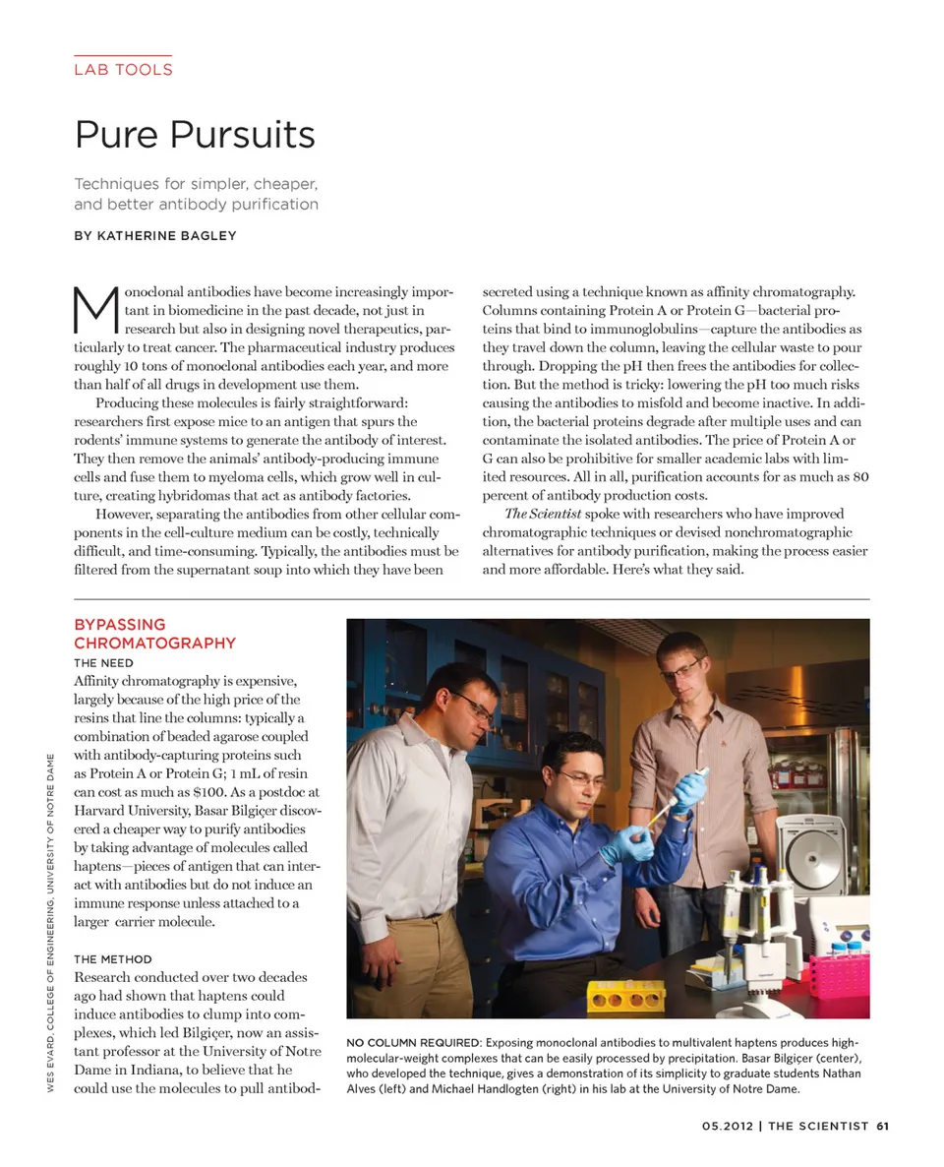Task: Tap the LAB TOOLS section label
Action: coord(123,70)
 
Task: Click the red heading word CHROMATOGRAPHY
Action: coord(154,643)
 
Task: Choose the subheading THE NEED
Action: coord(103,663)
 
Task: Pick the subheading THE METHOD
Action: coord(113,958)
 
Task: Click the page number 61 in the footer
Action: coord(882,1127)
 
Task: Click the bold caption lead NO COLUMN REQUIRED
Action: coord(413,1042)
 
